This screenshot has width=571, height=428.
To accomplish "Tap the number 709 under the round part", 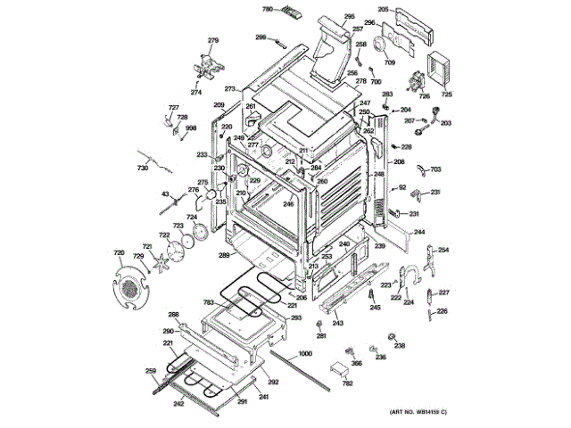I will [x=390, y=63].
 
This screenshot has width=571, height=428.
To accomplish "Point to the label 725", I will [x=448, y=95].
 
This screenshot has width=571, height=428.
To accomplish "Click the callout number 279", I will [x=213, y=41].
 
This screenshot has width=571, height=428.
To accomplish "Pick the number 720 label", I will [x=120, y=253].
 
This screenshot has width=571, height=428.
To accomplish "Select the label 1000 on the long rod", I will [x=305, y=355].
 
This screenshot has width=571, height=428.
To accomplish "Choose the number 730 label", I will [x=142, y=169].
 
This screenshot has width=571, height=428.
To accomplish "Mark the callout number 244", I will [x=418, y=232].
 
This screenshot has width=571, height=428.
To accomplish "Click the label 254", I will [x=443, y=250].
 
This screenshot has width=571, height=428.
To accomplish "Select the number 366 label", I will [x=356, y=363].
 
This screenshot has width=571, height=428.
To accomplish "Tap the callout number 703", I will [x=435, y=169].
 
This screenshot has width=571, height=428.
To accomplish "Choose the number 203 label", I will [x=445, y=123].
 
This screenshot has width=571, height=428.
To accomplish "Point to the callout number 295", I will [x=349, y=17].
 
